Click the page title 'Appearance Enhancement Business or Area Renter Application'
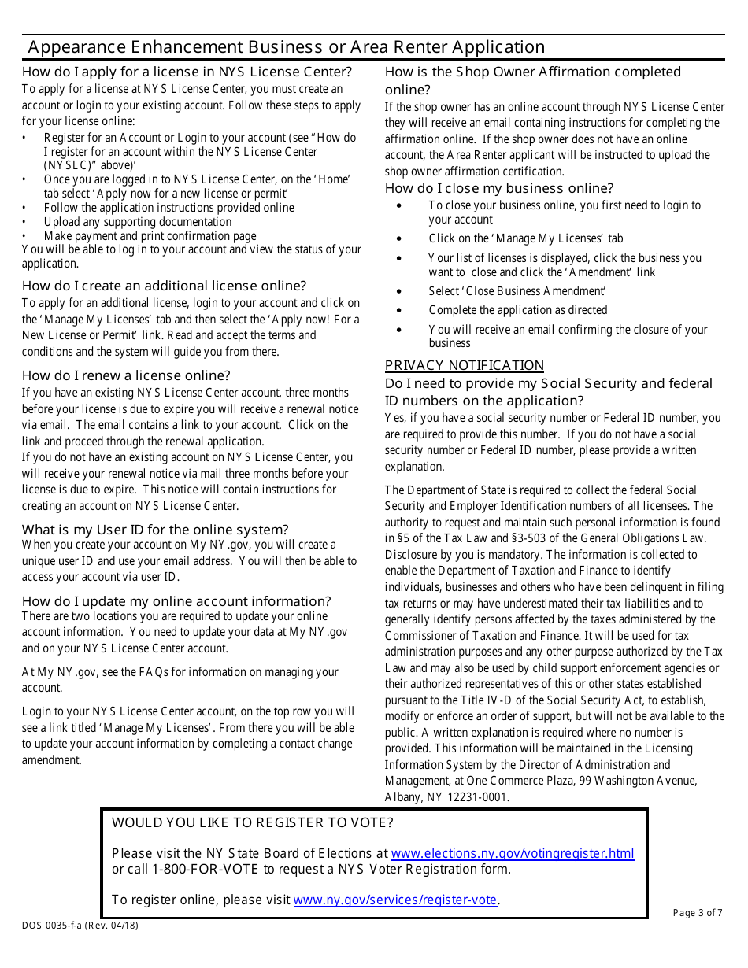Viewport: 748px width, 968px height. click(x=286, y=47)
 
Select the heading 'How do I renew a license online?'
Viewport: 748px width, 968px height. click(x=126, y=375)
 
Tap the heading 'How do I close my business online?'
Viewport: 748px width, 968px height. click(x=499, y=188)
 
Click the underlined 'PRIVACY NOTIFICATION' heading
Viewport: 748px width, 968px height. click(x=464, y=365)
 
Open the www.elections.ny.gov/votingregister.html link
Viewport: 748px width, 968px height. click(x=512, y=853)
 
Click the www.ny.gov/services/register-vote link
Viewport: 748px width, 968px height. click(x=394, y=900)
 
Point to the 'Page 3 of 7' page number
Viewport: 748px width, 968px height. click(x=697, y=913)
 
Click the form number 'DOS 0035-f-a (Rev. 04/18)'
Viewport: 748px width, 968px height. click(x=80, y=926)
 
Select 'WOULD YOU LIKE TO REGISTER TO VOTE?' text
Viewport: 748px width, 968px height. click(x=252, y=823)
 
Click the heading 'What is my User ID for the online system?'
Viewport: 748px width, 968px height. click(x=155, y=529)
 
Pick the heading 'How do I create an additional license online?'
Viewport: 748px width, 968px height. click(x=164, y=286)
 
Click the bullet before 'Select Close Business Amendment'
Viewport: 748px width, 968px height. click(x=400, y=292)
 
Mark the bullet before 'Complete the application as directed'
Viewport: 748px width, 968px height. click(x=400, y=311)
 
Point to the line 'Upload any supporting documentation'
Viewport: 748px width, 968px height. click(x=138, y=222)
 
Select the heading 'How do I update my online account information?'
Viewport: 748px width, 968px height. click(x=176, y=601)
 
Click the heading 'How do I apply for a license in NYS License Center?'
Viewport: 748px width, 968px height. click(x=187, y=72)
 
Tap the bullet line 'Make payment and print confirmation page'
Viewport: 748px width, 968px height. click(x=150, y=236)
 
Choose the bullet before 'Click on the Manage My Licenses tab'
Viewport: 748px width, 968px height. click(x=400, y=239)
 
